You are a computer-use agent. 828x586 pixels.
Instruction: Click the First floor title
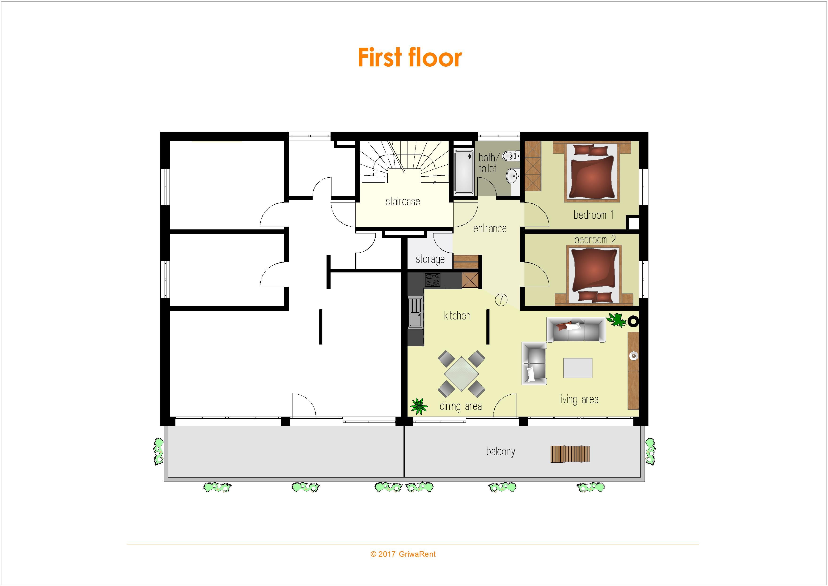[410, 57]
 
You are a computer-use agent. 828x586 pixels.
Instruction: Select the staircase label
[403, 201]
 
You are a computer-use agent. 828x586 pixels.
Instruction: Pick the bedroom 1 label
[593, 215]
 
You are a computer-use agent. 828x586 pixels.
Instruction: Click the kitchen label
[457, 316]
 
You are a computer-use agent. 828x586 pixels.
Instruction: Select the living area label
[578, 399]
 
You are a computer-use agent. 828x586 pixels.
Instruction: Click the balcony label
[501, 451]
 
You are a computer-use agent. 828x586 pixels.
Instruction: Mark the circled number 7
[501, 299]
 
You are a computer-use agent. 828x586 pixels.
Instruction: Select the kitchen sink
[415, 312]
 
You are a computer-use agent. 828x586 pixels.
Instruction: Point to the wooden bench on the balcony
[570, 454]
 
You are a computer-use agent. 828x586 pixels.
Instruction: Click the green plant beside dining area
[418, 406]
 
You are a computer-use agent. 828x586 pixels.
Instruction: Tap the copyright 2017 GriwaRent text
[403, 554]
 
